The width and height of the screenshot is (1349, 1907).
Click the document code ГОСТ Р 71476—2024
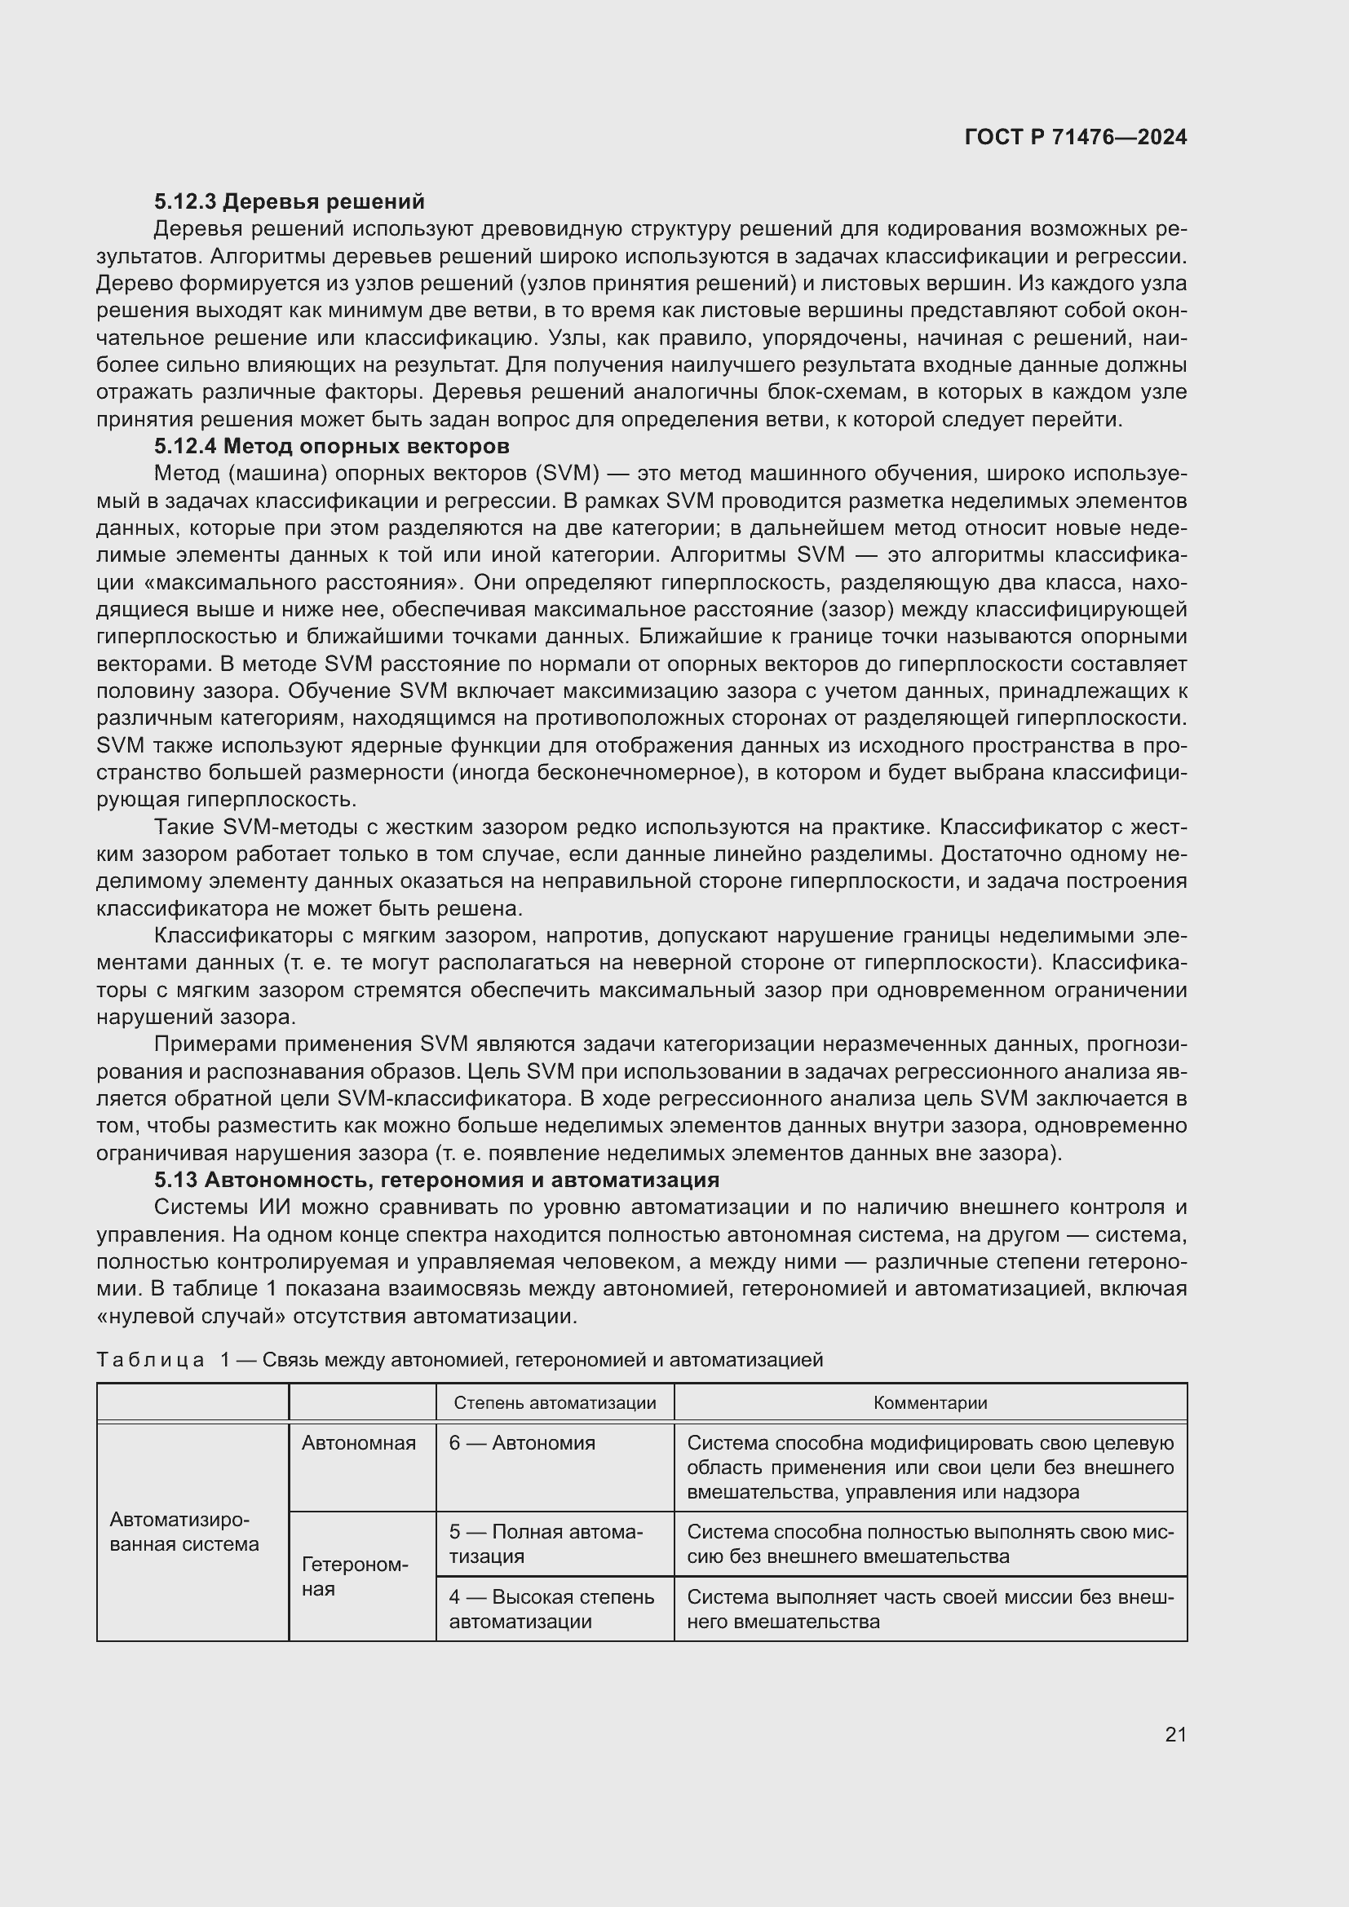click(x=1076, y=138)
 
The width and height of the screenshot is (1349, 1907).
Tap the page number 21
click(x=1175, y=1734)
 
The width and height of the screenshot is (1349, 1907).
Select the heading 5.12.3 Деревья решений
click(x=289, y=202)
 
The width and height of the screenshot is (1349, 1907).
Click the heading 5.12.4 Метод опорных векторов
click(x=331, y=447)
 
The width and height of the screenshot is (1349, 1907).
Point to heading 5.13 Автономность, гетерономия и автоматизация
click(x=437, y=1180)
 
